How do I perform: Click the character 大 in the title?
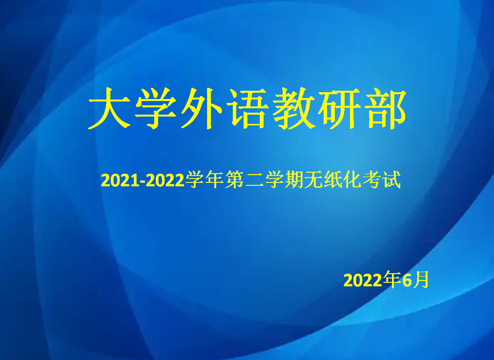[x=109, y=108]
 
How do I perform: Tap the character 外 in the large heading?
[x=202, y=108]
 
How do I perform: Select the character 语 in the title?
[x=248, y=108]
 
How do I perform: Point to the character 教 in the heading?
[x=294, y=108]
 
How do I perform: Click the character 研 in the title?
[x=340, y=108]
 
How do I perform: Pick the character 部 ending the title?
[x=385, y=108]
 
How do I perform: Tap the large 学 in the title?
[x=156, y=108]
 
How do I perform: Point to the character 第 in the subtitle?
[x=235, y=180]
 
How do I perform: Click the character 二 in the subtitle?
[x=254, y=180]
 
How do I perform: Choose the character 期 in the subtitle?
[x=294, y=180]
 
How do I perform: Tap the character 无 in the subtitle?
[x=314, y=180]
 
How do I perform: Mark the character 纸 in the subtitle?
[x=333, y=180]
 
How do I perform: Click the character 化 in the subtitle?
[x=352, y=180]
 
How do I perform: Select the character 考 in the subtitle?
[x=372, y=180]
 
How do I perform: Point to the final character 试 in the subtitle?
[x=391, y=180]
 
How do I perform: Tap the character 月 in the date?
[x=421, y=280]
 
